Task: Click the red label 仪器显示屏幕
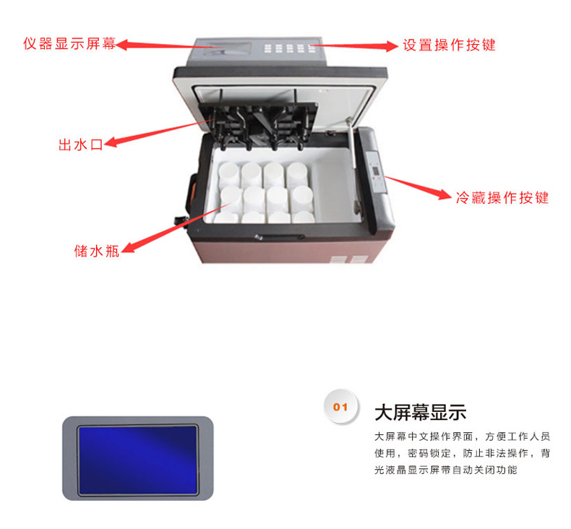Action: coord(69,43)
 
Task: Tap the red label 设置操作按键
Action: coord(449,45)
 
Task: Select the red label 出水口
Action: coord(81,145)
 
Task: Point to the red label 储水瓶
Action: coord(97,251)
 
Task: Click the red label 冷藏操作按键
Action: coord(502,197)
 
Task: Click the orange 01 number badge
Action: coord(341,407)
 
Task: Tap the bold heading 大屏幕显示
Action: coord(420,413)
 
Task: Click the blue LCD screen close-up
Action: coord(138,460)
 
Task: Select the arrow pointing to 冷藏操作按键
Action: coord(418,188)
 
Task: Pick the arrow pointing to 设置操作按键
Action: coord(354,46)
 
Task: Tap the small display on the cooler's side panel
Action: coord(375,171)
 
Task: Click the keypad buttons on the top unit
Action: coord(290,48)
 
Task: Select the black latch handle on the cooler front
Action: coord(279,237)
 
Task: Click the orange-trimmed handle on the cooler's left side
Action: coord(191,193)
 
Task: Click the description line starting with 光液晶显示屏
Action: coord(446,470)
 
